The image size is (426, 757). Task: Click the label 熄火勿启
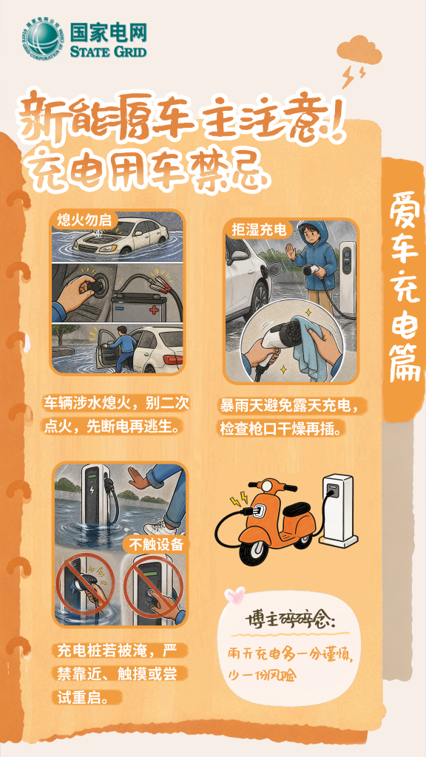(84, 220)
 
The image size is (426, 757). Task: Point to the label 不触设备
(157, 545)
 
